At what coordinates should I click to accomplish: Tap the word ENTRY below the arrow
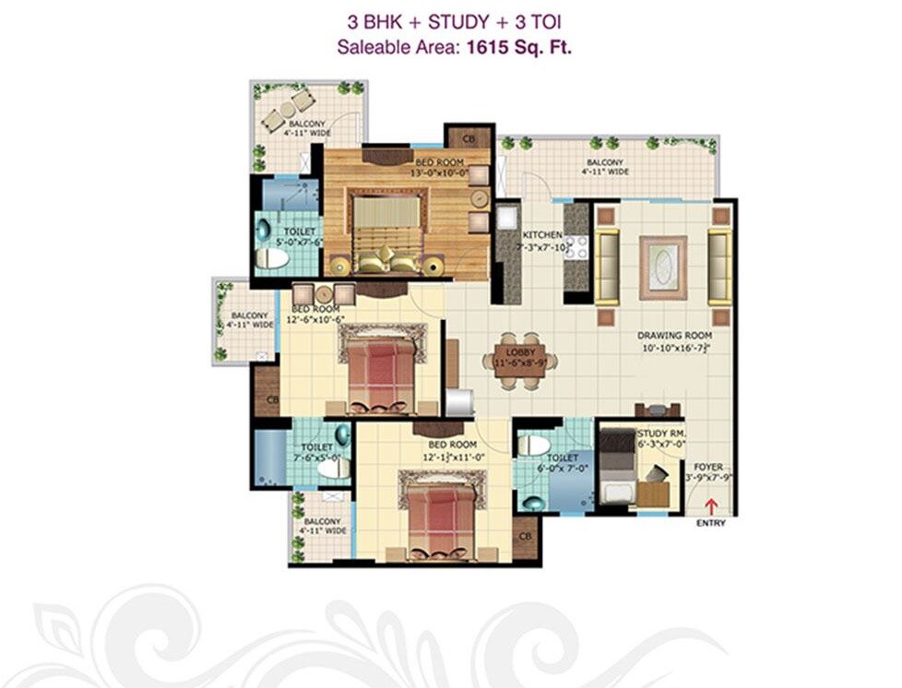coord(711,524)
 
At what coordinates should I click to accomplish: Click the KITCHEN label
coord(542,235)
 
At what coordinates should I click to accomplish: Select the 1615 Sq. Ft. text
coord(518,47)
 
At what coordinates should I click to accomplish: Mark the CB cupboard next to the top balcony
coord(469,138)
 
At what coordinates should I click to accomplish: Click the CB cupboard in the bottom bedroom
coord(525,537)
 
